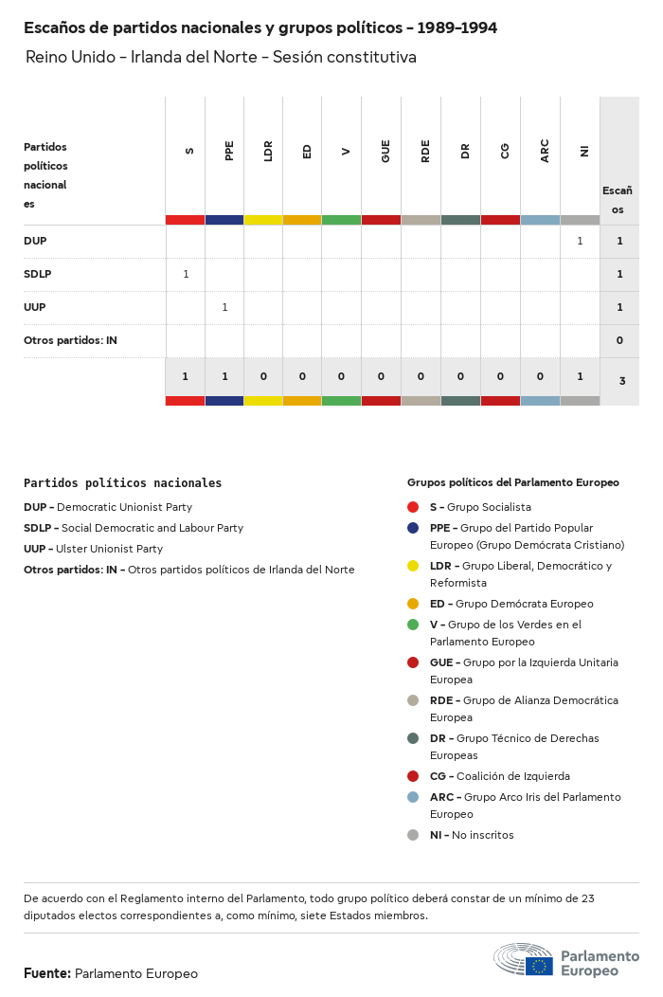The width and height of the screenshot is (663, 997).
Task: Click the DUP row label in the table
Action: tap(35, 241)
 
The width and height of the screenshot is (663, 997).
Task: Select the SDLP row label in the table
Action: tap(38, 274)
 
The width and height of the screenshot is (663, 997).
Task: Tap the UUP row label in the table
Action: tap(35, 307)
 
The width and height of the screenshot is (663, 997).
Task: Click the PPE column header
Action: tap(229, 151)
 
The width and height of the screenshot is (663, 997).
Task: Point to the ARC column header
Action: tap(545, 151)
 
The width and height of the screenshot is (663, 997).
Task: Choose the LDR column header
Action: tap(268, 151)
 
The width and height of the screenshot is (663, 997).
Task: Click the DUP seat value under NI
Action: tap(580, 241)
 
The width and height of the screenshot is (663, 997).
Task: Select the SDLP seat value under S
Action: tap(186, 274)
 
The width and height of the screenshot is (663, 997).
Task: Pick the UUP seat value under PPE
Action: tap(224, 307)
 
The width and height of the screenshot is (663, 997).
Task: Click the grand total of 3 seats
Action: tap(620, 381)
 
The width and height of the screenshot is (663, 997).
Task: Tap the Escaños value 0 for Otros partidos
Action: tap(619, 340)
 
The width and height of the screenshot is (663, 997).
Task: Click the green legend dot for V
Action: tap(413, 625)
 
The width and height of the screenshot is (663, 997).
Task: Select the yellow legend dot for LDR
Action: tap(413, 566)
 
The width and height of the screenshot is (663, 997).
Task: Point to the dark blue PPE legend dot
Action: tap(413, 528)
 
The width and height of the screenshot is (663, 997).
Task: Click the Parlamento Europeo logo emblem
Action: tap(523, 959)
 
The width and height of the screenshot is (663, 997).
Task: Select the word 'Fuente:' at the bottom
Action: tap(46, 973)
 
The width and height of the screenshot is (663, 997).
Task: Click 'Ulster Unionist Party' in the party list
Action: tap(109, 549)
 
